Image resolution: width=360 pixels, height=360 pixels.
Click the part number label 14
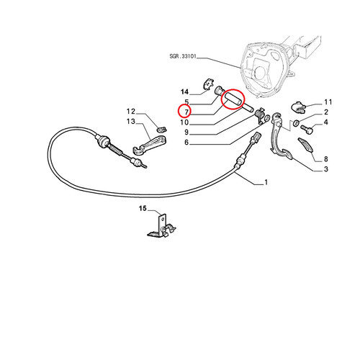coord(184,92)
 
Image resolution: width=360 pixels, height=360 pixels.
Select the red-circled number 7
coord(186,112)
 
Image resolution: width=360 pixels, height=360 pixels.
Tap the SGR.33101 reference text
coord(183,56)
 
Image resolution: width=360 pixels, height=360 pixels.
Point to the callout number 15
coord(143,208)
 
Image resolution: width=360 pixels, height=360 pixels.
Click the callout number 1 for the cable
coord(266,182)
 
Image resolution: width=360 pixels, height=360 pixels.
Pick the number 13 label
coord(131,122)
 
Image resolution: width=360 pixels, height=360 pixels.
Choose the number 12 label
coord(131,112)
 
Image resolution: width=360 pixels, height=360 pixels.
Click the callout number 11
coord(328,102)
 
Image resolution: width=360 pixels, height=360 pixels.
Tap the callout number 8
coord(325,159)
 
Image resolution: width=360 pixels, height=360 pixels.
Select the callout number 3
coord(325,169)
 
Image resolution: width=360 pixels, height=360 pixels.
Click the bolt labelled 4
coord(307,130)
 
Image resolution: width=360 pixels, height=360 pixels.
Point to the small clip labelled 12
coord(161,129)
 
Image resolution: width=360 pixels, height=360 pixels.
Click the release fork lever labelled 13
coord(150,145)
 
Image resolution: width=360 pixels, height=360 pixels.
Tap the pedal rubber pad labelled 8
coord(305,145)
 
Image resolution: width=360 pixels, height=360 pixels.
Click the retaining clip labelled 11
coord(298,107)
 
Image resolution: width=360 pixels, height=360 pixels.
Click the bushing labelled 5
coord(220,91)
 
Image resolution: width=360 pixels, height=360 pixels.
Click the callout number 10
coord(184,122)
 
